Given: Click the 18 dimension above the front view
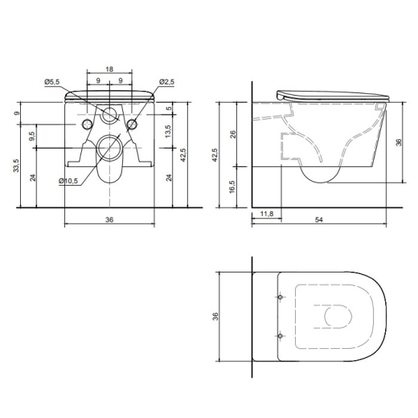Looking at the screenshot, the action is click(109, 69).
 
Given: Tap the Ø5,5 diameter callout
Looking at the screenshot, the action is click(52, 82).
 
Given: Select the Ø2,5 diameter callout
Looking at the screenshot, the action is click(166, 82).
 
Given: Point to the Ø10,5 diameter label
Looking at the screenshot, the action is click(68, 181).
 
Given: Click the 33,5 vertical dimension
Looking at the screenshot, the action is click(16, 166).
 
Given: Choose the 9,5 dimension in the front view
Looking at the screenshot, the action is click(31, 136).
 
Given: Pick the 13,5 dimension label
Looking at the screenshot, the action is click(168, 131).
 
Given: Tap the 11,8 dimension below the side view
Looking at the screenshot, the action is click(267, 214).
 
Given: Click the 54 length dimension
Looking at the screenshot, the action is click(319, 219).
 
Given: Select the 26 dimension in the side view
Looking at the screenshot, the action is click(233, 134).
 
